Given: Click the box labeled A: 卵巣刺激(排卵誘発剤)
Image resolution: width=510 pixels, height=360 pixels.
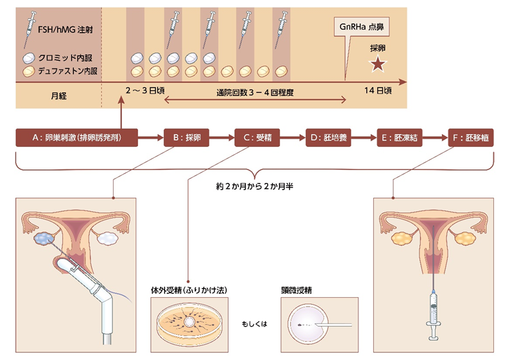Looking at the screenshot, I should (77, 138).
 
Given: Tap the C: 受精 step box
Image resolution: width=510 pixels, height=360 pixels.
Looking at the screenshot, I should (256, 138).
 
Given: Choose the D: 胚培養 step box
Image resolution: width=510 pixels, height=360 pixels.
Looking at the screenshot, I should (328, 138).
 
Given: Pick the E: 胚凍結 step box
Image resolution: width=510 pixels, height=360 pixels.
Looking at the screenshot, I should (399, 138).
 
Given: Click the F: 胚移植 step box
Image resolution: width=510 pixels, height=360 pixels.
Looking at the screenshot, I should (471, 138).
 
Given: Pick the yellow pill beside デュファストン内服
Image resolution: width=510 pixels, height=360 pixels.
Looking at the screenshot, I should (29, 69).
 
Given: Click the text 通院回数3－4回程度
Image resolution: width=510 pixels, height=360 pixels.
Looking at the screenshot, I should (255, 94).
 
